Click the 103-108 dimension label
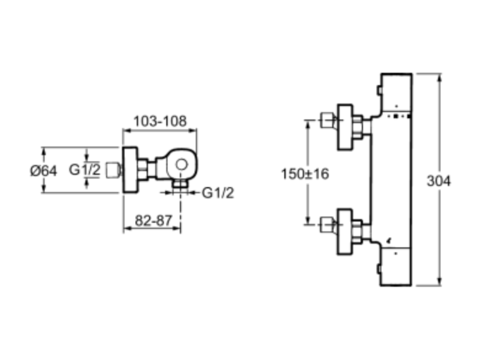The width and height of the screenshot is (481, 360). coord(160,121)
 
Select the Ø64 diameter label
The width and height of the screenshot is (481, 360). coord(44,171)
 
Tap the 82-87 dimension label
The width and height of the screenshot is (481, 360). coord(154,220)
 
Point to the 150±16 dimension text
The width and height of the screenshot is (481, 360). coord(305,174)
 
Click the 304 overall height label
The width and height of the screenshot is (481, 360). coord(439,181)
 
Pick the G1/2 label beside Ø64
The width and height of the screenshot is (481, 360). coord(85,170)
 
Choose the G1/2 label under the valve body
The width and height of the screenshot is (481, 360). coord(218,193)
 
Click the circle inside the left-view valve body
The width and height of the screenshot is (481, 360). coord(181,165)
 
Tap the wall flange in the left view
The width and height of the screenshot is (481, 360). coord(130,170)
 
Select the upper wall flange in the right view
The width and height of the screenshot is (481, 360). coord(345,127)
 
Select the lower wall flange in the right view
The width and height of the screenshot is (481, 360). coord(345,232)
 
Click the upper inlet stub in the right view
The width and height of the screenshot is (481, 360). coord(326,120)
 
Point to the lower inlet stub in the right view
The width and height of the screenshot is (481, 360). coord(326,225)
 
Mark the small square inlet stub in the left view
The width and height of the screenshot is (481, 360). coord(112,170)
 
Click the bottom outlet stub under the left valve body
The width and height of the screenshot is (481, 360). coord(180,184)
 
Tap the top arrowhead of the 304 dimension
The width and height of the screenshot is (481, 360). coord(440,77)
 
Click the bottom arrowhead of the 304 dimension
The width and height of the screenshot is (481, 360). coord(440,282)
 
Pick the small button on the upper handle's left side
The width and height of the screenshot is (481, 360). coord(379,90)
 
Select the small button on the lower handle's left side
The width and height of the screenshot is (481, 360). coord(379,269)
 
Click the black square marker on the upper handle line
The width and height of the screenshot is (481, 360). coord(396,116)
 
